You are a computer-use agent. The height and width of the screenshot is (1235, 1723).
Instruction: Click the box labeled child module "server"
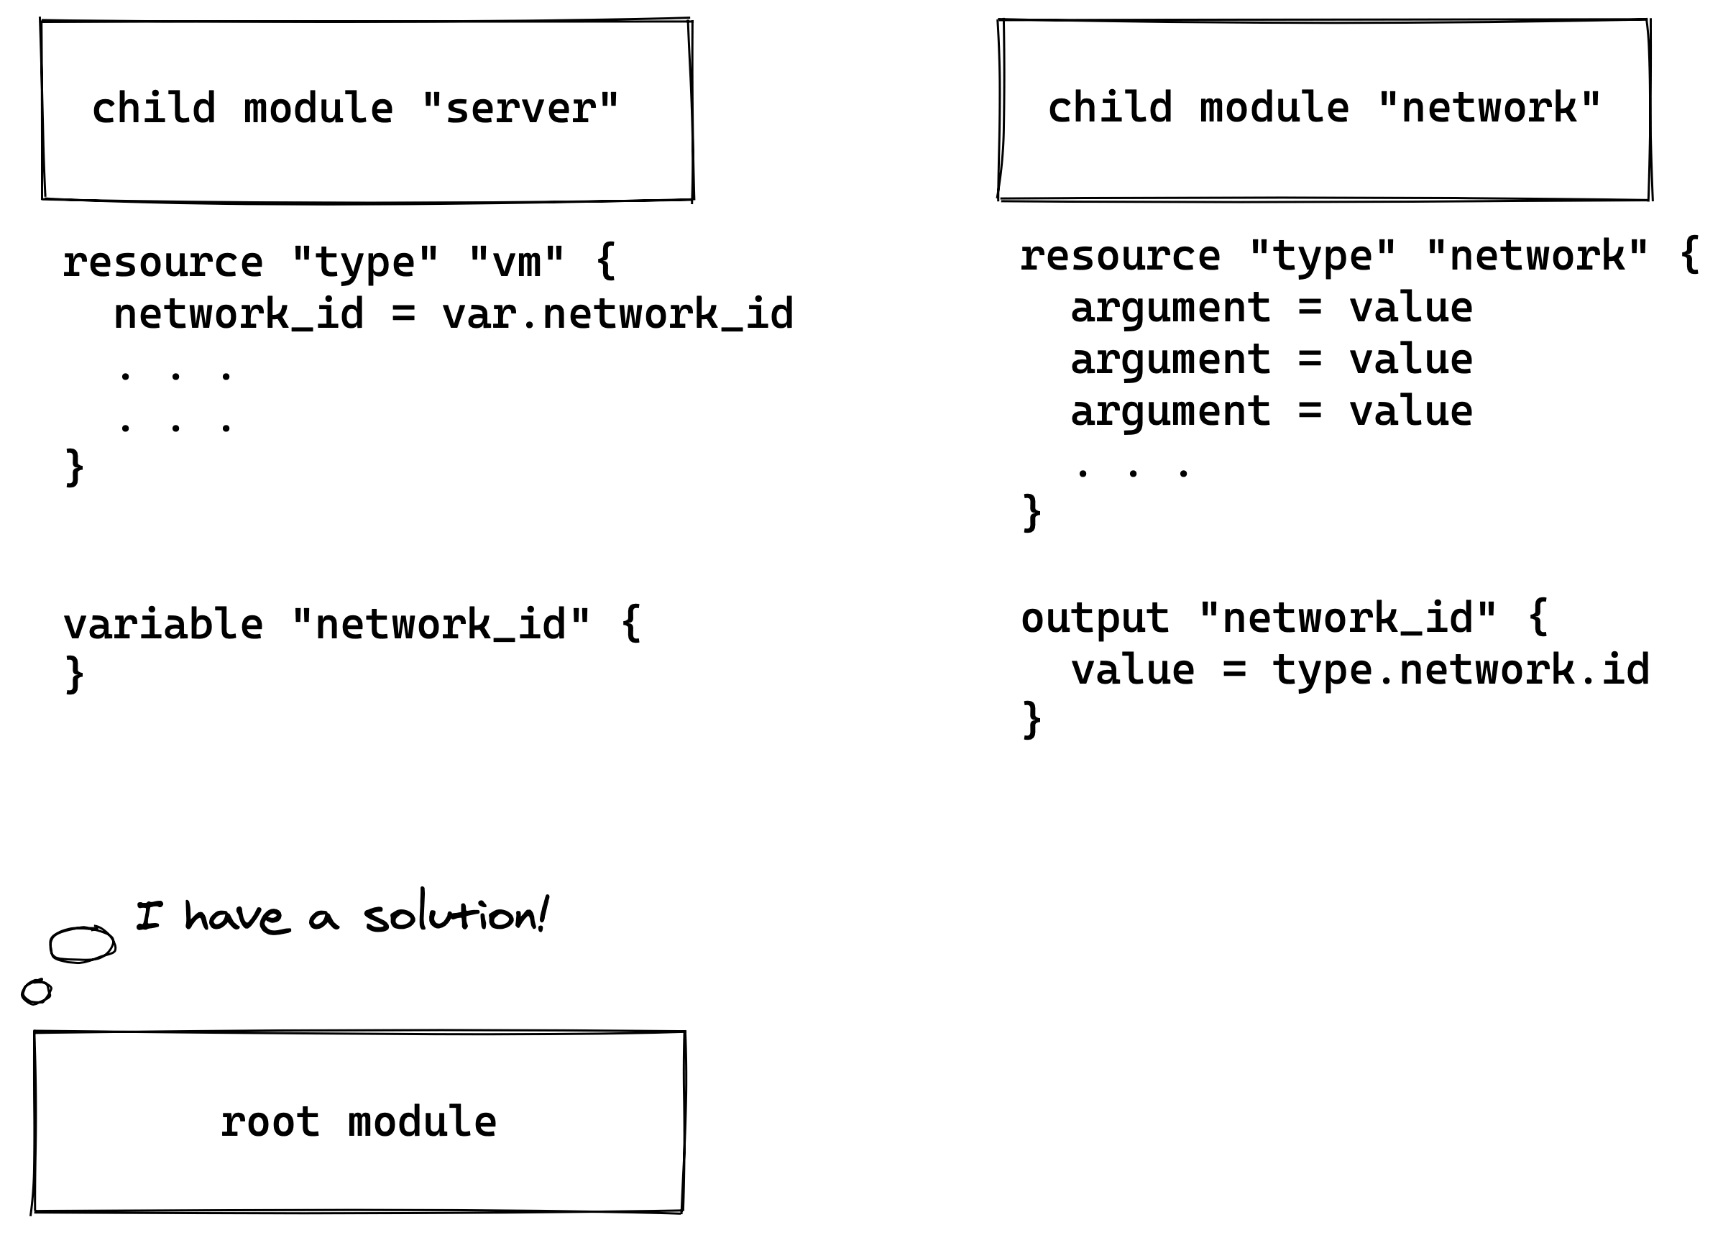click(367, 111)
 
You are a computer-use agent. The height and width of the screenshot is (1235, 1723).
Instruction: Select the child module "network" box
click(1324, 109)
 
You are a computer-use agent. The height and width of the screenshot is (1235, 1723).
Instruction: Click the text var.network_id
click(617, 313)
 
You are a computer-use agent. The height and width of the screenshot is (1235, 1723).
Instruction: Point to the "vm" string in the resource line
click(517, 262)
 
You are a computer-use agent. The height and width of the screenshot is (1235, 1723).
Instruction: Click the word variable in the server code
click(163, 625)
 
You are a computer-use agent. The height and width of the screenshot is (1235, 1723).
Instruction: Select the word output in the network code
click(1095, 617)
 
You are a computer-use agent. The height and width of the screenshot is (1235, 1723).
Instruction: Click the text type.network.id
click(1460, 670)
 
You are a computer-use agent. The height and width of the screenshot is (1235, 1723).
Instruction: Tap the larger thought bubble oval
click(82, 944)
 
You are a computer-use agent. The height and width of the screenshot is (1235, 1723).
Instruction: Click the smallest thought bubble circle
click(36, 992)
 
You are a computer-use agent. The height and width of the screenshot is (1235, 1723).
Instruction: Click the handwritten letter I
click(149, 915)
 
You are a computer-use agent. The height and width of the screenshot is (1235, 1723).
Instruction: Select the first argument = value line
click(1271, 308)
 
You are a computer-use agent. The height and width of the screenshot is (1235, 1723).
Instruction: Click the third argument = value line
click(1271, 411)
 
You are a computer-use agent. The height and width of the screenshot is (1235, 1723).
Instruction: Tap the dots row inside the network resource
click(1133, 472)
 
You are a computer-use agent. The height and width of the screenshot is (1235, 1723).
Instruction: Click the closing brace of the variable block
click(75, 674)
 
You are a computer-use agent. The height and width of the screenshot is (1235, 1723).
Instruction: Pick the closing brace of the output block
click(1031, 720)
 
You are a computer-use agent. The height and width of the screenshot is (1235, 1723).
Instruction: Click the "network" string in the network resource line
click(1537, 256)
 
